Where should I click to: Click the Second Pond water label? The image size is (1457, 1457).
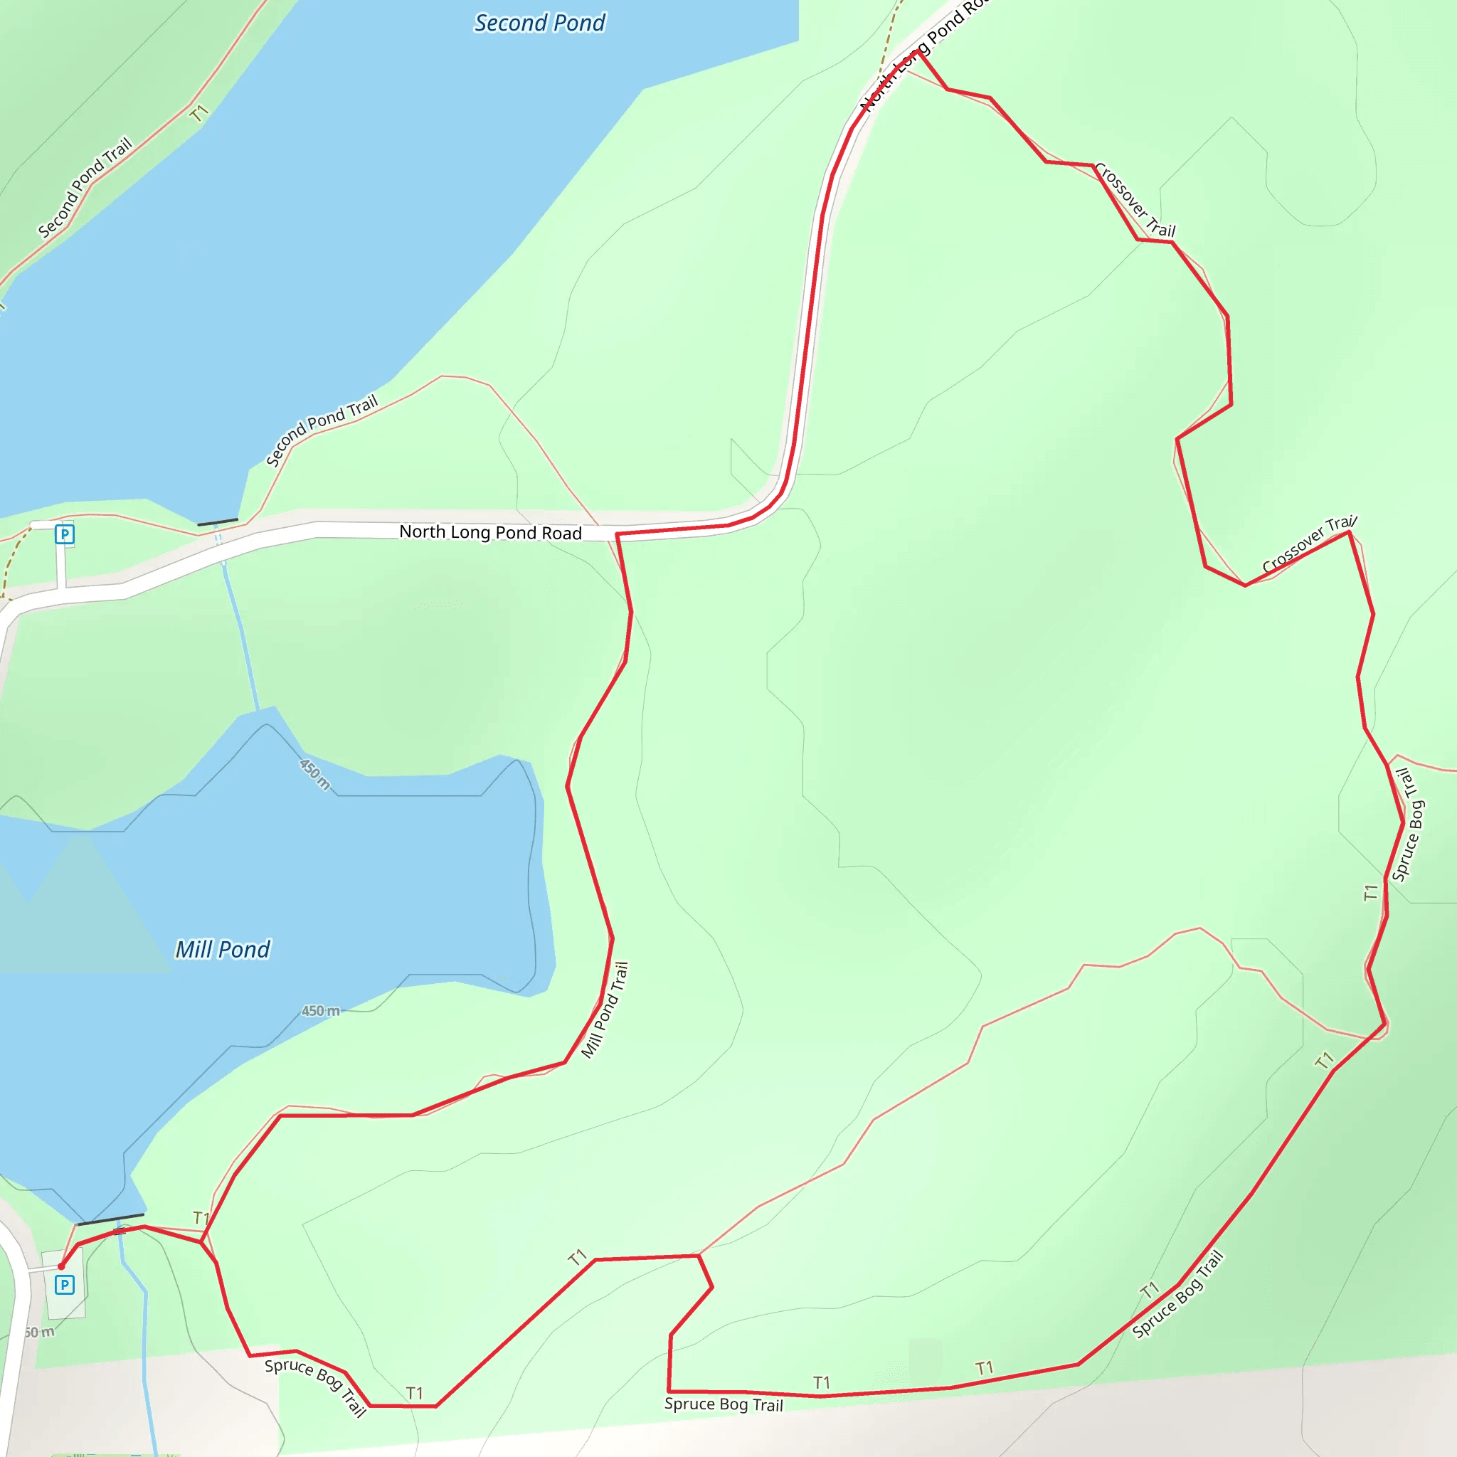(x=539, y=23)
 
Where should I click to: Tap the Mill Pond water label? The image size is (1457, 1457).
(x=223, y=950)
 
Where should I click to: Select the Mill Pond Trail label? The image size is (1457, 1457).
(x=605, y=1010)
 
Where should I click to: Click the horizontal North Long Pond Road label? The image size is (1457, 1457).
(x=490, y=532)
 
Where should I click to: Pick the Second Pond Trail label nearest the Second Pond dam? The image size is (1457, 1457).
(x=322, y=430)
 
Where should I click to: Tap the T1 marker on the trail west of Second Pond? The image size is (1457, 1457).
(x=198, y=114)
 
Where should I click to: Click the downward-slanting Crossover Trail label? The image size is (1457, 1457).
(x=1134, y=200)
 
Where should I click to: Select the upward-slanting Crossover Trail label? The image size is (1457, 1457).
(x=1309, y=544)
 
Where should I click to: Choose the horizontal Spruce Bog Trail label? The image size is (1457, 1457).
(x=724, y=1404)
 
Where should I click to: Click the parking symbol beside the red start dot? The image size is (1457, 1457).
(x=65, y=1285)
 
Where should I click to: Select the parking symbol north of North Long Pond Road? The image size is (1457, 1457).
(x=65, y=535)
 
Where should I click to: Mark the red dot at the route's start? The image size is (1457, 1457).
(x=61, y=1267)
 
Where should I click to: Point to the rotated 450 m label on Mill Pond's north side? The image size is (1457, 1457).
(x=314, y=775)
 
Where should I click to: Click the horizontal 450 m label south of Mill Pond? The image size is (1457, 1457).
(x=321, y=1010)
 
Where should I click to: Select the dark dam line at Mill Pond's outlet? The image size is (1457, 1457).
(x=110, y=1219)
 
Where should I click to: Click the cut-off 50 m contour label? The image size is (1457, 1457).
(x=39, y=1333)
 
